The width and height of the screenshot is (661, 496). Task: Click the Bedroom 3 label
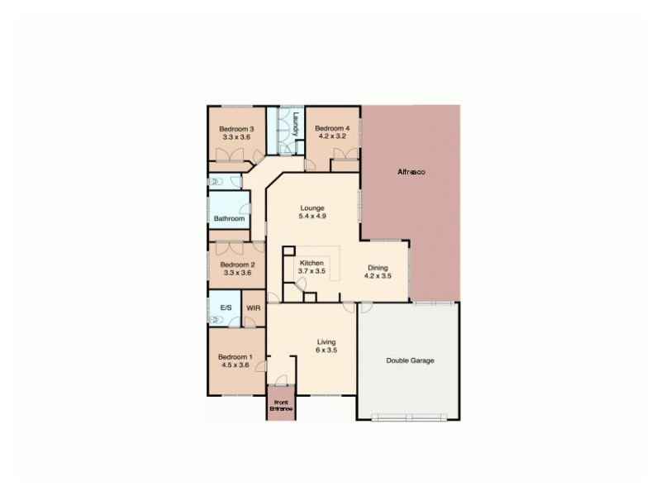click(235, 129)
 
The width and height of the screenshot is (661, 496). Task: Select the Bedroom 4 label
click(332, 128)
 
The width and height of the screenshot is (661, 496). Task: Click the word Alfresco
click(411, 171)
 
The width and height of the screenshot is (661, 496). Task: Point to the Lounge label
click(312, 208)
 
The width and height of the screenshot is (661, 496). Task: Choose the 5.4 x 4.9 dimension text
click(312, 217)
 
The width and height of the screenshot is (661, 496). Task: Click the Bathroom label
click(230, 219)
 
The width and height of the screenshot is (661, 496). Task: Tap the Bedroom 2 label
click(237, 265)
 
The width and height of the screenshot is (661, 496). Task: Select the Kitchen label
click(311, 263)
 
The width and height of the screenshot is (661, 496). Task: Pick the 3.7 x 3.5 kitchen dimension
click(311, 271)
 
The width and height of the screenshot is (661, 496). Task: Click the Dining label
click(377, 267)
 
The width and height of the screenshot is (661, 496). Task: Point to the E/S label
click(225, 308)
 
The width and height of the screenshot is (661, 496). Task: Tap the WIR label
click(253, 308)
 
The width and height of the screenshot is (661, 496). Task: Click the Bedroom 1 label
click(236, 356)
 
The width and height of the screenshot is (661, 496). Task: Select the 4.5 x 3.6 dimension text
click(236, 365)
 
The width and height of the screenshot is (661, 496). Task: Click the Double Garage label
click(410, 360)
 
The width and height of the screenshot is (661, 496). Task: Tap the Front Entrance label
click(281, 405)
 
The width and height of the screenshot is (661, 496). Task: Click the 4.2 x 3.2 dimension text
click(332, 136)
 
